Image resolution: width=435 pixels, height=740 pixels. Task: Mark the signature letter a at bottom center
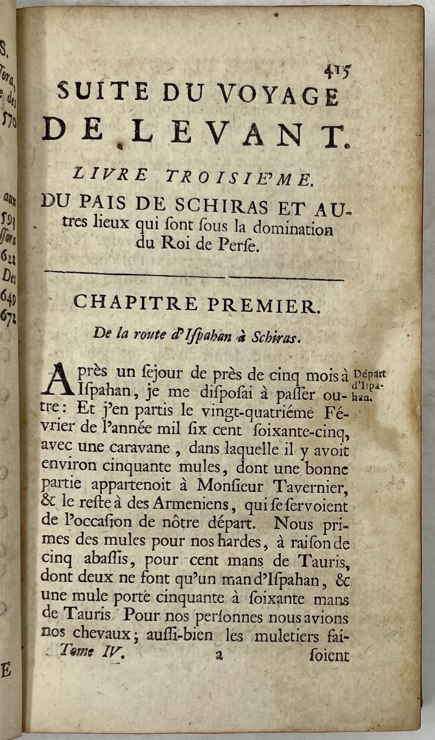click(x=218, y=655)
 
